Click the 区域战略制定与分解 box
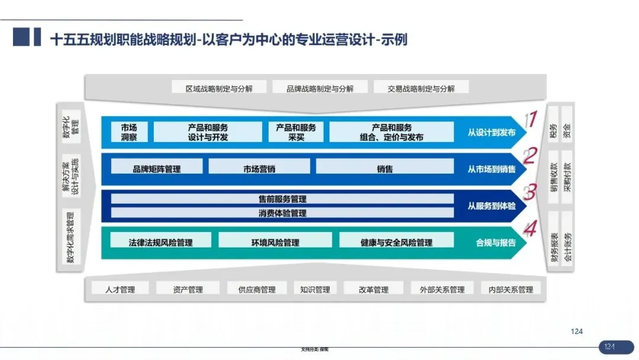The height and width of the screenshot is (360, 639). [x=219, y=88]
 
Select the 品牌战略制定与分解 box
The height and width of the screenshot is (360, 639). [x=320, y=88]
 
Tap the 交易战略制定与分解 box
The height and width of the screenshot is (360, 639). [x=421, y=88]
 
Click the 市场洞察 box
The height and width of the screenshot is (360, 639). [x=129, y=132]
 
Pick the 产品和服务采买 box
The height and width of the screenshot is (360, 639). [x=296, y=132]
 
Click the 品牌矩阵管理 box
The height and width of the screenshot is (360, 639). [x=157, y=168]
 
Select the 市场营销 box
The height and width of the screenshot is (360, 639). [x=259, y=168]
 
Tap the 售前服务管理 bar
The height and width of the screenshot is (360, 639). [x=282, y=199]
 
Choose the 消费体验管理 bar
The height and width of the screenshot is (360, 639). [x=282, y=213]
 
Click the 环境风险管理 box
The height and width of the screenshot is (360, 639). [x=275, y=242]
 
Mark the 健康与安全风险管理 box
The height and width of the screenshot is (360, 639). [x=396, y=242]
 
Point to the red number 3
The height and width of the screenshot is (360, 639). [x=531, y=192]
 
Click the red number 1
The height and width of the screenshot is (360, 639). [x=531, y=120]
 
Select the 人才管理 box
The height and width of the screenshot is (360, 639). [x=120, y=290]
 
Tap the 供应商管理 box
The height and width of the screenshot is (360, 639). [x=257, y=290]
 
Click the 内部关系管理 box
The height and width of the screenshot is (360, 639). [x=511, y=290]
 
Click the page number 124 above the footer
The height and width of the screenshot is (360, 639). [x=577, y=332]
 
